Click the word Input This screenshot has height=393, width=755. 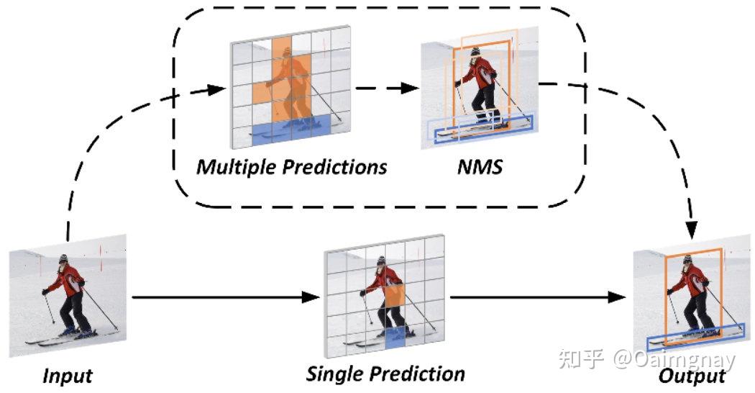pos(68,376)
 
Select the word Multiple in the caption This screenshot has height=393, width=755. pos(237,168)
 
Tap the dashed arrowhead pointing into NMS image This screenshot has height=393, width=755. pos(411,89)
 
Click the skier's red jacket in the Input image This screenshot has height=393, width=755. pos(70,280)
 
